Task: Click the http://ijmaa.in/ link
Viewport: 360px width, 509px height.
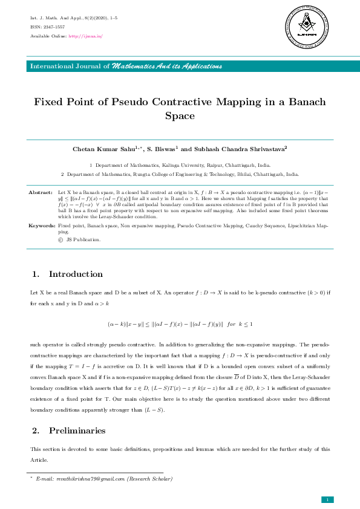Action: tap(85, 36)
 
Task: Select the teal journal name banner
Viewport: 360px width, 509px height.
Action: tap(180, 65)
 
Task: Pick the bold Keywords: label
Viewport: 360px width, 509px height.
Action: tap(42, 225)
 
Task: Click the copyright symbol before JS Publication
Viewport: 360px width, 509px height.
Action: tap(60, 240)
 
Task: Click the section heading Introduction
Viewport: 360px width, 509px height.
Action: tap(76, 274)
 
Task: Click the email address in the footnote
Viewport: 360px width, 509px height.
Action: tap(80, 479)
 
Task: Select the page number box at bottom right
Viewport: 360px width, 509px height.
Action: tap(327, 499)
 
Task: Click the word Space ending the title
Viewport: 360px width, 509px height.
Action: tap(180, 115)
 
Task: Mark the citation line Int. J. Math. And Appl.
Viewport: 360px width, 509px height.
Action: tap(74, 19)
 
